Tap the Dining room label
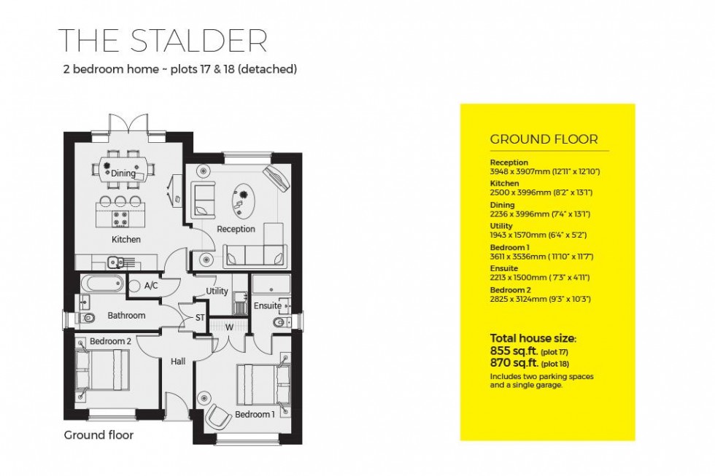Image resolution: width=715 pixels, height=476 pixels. pos(123,173)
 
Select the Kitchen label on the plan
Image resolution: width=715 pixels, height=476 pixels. pos(125,239)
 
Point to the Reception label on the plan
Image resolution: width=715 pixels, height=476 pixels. pos(236,229)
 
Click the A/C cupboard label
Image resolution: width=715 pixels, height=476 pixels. pos(151,286)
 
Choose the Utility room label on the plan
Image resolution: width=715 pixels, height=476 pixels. pos(217,291)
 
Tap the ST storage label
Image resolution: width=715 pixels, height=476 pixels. pos(200,317)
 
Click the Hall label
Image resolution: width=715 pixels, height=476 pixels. pos(178,361)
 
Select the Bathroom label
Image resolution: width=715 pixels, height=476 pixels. pos(126,316)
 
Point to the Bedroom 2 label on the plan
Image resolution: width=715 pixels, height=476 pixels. pos(110,341)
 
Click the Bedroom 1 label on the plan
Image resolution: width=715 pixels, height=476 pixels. pos(255,415)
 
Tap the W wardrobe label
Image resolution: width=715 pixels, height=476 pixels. pos(229,327)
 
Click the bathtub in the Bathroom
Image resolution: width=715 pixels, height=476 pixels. pos(101,283)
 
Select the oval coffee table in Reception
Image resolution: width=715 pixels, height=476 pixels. pos(243,200)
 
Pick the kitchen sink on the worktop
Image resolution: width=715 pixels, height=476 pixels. pos(114,262)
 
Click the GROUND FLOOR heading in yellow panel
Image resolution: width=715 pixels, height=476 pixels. pos(544,139)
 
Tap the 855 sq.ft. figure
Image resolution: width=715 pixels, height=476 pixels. pos(514,351)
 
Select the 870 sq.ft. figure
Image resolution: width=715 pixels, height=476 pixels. pos(514,362)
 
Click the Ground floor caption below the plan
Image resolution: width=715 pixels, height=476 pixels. pos(98,435)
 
